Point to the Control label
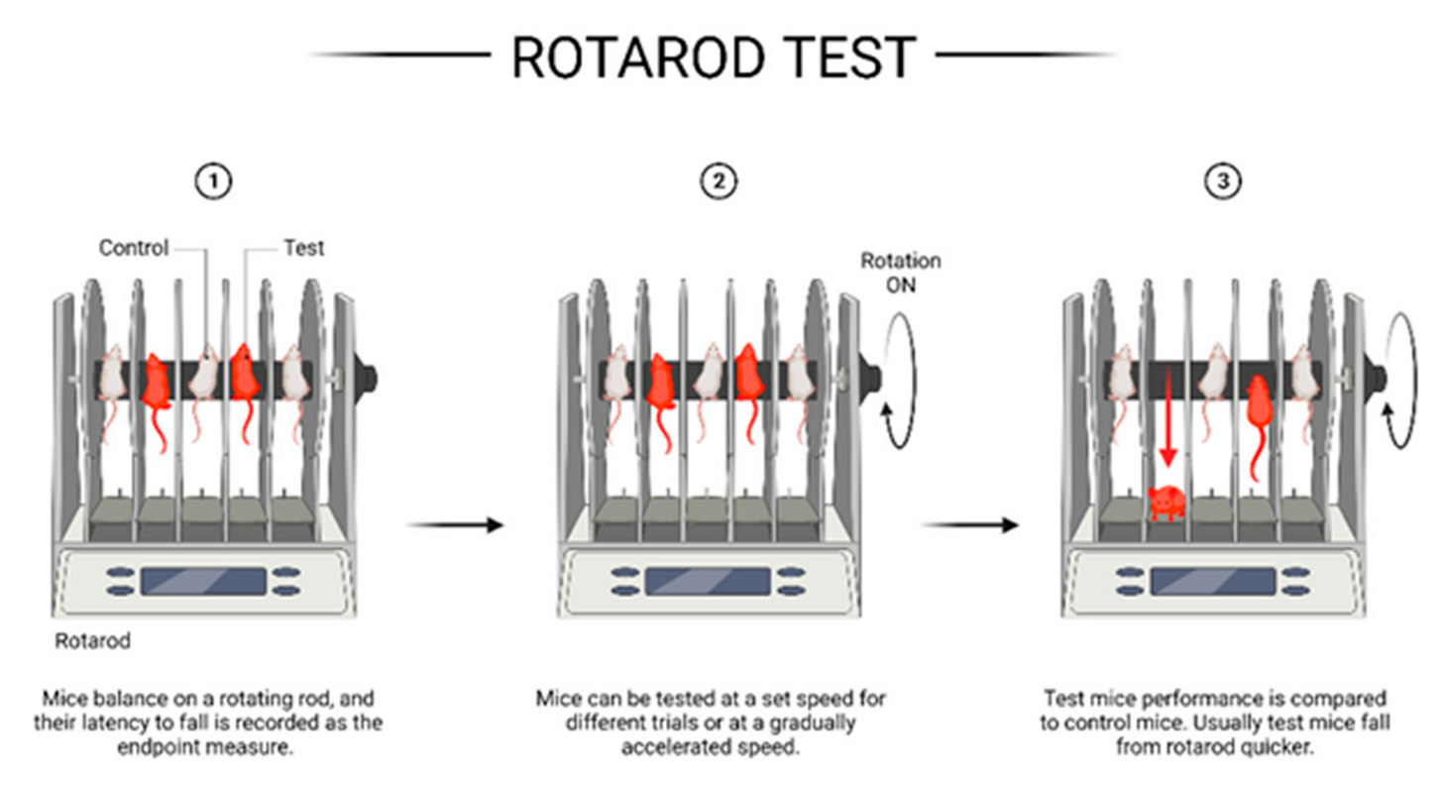134,248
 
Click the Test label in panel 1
304,248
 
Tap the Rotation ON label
899,273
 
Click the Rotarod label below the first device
92,641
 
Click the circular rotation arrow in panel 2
899,381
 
